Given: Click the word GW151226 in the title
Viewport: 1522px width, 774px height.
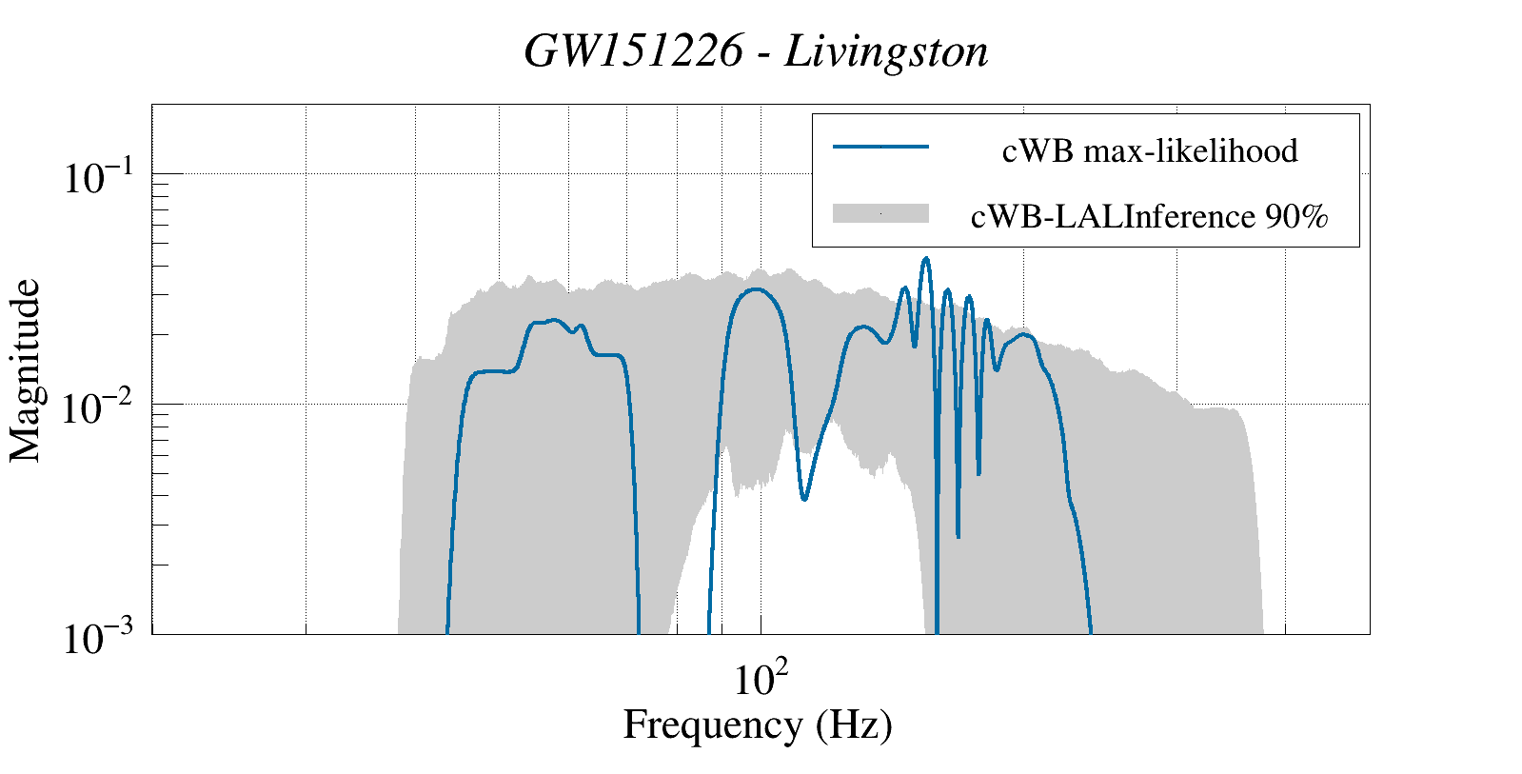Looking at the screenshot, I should point(633,51).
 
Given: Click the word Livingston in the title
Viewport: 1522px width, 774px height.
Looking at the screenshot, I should point(886,51).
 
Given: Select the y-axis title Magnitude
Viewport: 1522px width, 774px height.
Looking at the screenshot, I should point(26,370).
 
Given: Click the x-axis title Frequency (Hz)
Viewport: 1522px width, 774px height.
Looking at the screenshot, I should point(758,724).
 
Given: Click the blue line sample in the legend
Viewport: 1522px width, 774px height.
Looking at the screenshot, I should point(880,147).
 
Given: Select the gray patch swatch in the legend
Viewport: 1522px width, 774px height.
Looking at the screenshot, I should point(880,214).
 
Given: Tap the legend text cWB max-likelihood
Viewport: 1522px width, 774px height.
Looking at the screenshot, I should point(1150,150).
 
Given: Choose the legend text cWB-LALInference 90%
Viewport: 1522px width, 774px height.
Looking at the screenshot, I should point(1150,217).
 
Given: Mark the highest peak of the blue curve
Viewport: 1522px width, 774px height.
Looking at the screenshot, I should point(925,258).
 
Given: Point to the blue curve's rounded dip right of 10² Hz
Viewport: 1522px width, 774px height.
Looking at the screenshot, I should point(804,498).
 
